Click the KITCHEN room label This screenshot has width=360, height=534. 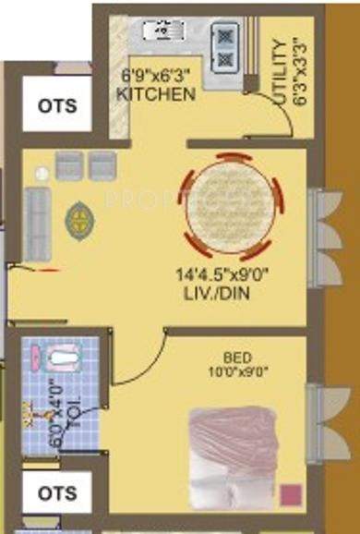tap(156, 94)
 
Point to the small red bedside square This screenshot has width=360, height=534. tap(294, 493)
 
